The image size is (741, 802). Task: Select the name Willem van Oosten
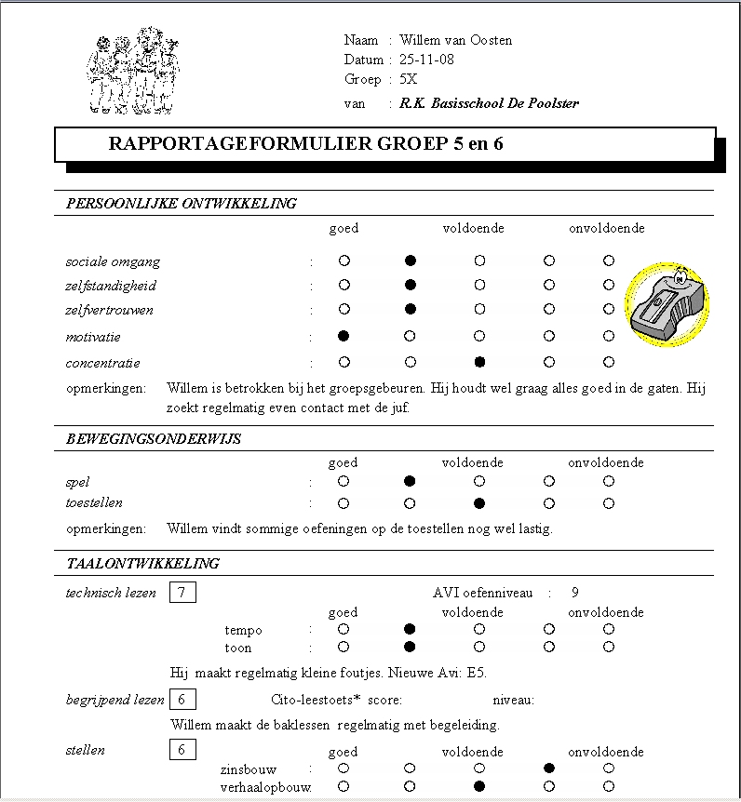pos(455,40)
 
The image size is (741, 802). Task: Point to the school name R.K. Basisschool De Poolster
pos(489,103)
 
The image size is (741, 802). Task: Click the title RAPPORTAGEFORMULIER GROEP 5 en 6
pos(306,144)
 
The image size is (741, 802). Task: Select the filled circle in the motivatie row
pos(344,335)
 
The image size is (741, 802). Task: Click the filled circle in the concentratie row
pos(478,361)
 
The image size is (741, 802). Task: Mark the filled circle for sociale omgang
pos(411,261)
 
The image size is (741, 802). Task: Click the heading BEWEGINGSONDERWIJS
pos(154,439)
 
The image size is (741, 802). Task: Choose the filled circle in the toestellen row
pos(478,503)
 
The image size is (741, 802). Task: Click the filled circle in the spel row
pos(411,481)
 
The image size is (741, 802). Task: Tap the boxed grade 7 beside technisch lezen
pos(182,593)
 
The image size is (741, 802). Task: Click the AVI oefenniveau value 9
pos(575,593)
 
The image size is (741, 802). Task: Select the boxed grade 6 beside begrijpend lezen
pos(182,700)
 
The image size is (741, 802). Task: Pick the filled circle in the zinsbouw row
pos(549,769)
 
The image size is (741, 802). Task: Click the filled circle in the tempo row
pos(411,629)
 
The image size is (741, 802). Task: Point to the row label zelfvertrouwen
pos(109,310)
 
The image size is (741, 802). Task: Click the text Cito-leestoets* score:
pos(336,700)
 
